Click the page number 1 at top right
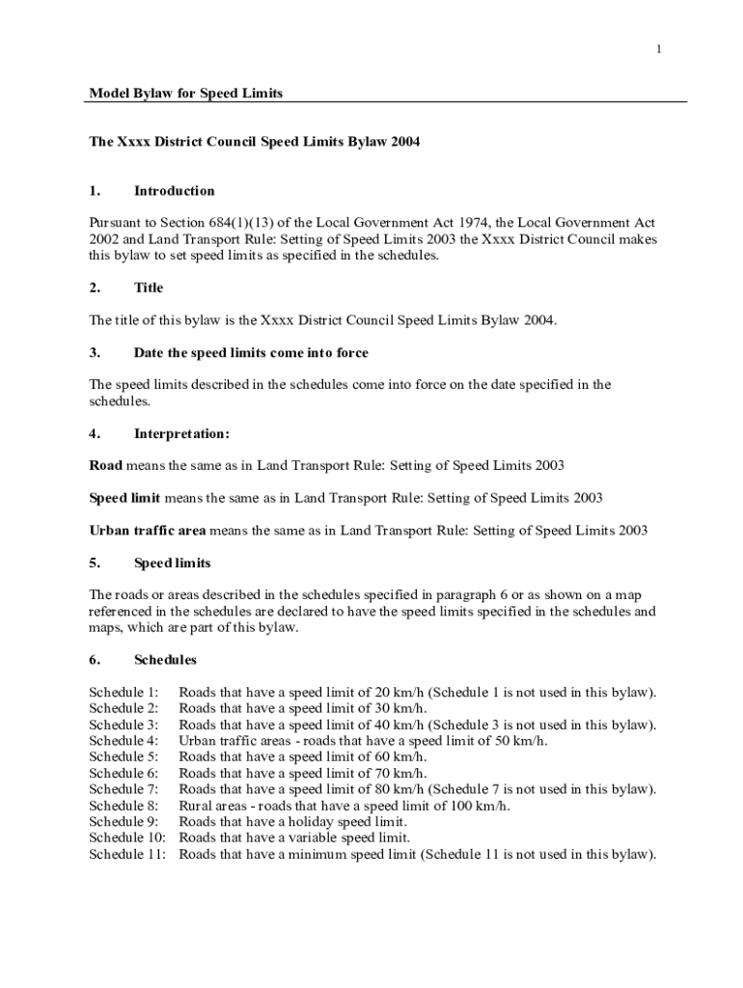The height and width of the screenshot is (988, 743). [658, 49]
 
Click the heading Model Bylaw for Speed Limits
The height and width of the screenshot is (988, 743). [186, 93]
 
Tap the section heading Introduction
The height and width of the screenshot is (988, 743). [174, 190]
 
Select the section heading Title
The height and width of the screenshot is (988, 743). [149, 288]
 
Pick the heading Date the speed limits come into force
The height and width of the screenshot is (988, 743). [251, 352]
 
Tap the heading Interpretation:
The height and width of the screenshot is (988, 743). [181, 433]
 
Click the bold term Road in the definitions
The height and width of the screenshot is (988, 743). [105, 465]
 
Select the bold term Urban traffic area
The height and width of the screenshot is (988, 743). [148, 530]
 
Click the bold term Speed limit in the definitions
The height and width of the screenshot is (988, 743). [124, 498]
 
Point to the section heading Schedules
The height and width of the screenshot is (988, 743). [165, 660]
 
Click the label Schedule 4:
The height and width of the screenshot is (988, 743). [124, 741]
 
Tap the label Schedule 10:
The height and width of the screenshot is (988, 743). [127, 837]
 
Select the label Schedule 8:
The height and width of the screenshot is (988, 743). [124, 806]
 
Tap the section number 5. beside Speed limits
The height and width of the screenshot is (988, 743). [95, 563]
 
